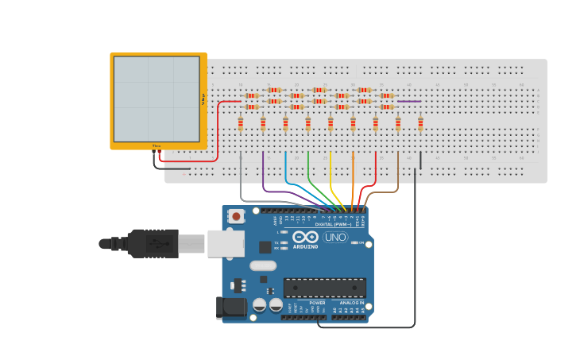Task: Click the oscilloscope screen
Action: tap(157, 99)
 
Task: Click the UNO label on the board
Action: tap(334, 237)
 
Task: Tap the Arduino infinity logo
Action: tap(305, 237)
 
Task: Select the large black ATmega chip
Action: tap(324, 288)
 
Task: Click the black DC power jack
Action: tap(229, 308)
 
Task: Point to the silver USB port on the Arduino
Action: tap(226, 243)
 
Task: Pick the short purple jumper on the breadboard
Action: tap(408, 101)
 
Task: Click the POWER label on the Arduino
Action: tap(317, 303)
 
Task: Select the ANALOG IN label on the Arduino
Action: tap(352, 303)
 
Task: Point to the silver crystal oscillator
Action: tap(263, 266)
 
